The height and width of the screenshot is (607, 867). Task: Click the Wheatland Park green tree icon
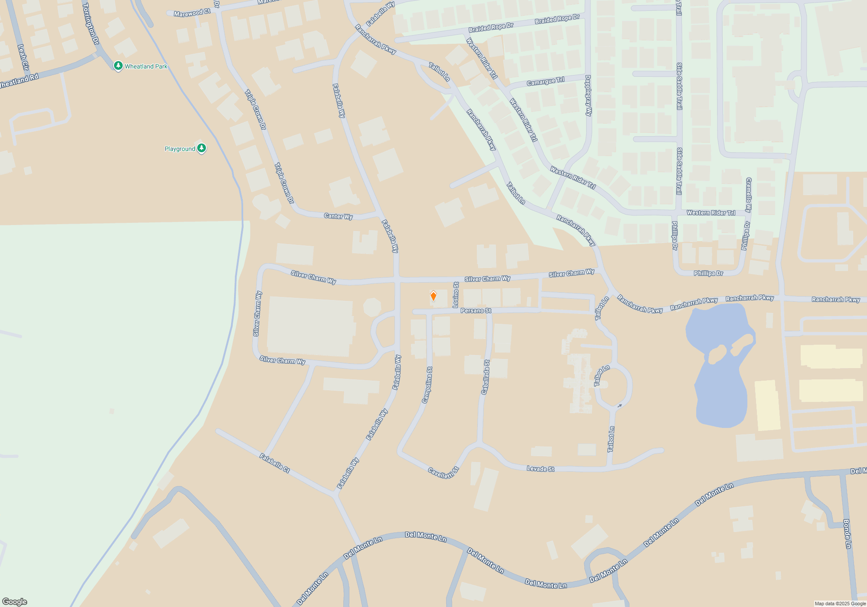[118, 66]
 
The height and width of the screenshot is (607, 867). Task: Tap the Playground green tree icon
[201, 148]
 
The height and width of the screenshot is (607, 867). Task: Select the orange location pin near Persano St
[433, 296]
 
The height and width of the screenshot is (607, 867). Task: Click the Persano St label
[476, 311]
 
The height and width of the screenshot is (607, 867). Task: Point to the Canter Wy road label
[338, 216]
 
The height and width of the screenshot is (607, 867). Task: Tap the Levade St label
[540, 469]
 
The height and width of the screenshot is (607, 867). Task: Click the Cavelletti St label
[443, 473]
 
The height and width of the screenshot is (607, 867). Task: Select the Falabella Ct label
[274, 463]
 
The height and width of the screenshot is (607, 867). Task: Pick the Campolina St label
[427, 385]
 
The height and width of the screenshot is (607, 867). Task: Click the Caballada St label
[486, 377]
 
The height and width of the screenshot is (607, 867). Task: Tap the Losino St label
[456, 295]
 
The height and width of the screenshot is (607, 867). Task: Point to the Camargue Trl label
[545, 82]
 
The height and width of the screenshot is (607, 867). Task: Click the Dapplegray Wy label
[588, 95]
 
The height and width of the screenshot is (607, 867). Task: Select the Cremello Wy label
[749, 195]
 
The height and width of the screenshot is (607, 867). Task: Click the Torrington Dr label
[91, 23]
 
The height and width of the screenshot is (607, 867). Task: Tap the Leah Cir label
[23, 57]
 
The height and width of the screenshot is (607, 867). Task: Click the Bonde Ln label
[847, 534]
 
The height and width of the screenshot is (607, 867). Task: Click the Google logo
[15, 601]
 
